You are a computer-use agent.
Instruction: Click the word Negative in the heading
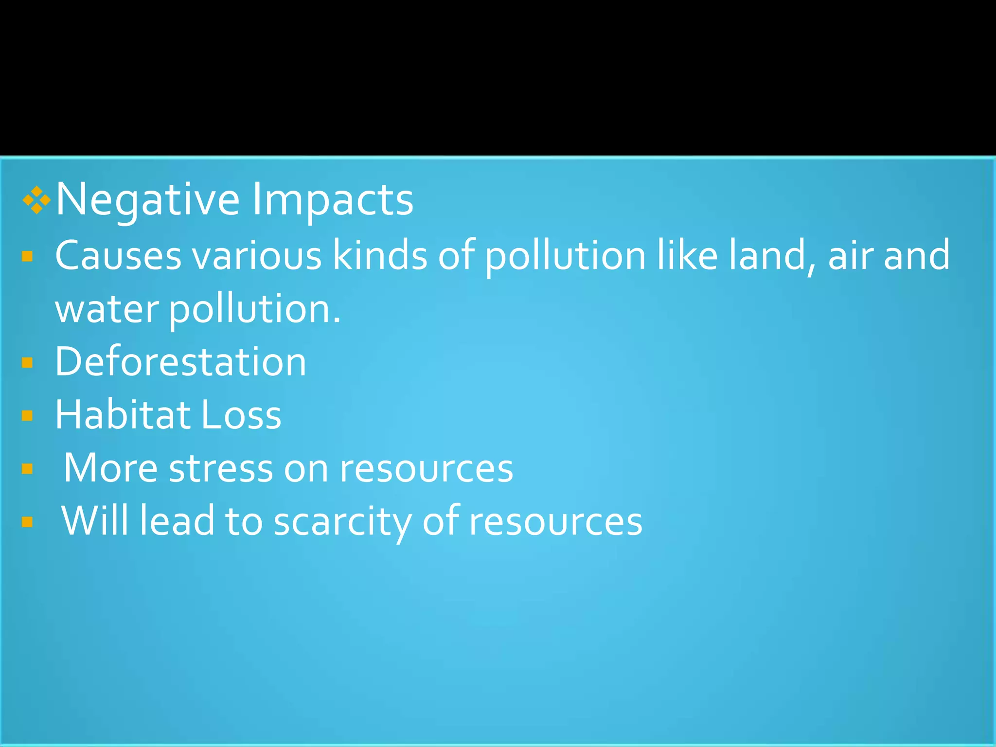[147, 199]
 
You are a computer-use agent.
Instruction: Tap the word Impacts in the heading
[332, 199]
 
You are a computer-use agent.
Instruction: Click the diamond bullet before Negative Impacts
[36, 200]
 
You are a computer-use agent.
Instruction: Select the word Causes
[118, 255]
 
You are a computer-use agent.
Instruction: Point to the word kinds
[379, 255]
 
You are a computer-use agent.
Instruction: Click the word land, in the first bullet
[771, 255]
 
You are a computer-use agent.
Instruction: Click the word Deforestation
[180, 362]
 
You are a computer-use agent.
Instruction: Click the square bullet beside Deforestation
[27, 363]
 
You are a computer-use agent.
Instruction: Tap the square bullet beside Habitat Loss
[27, 416]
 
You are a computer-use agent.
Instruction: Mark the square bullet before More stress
[27, 469]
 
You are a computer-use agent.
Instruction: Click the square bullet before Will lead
[27, 522]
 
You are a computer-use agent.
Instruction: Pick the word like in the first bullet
[687, 255]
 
